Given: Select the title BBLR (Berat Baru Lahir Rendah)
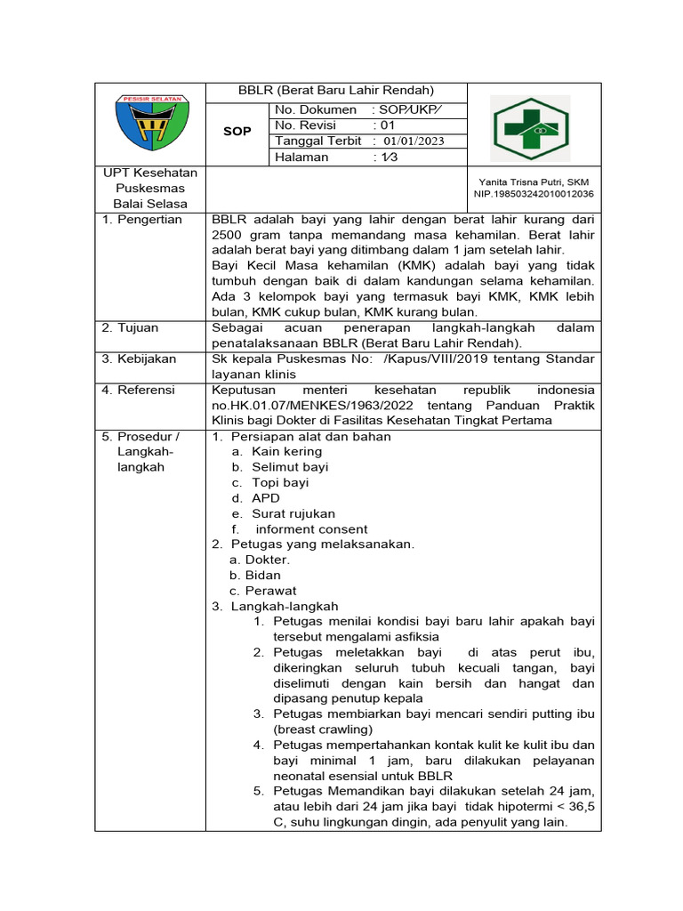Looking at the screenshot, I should [335, 90].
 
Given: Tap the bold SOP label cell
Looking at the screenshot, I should [237, 132].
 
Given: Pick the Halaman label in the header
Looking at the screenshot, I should [301, 157].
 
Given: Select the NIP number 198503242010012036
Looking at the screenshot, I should [534, 193].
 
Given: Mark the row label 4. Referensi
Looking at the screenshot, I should [138, 391].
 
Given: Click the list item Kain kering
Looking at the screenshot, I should [286, 452].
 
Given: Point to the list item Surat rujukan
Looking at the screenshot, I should [293, 514].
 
